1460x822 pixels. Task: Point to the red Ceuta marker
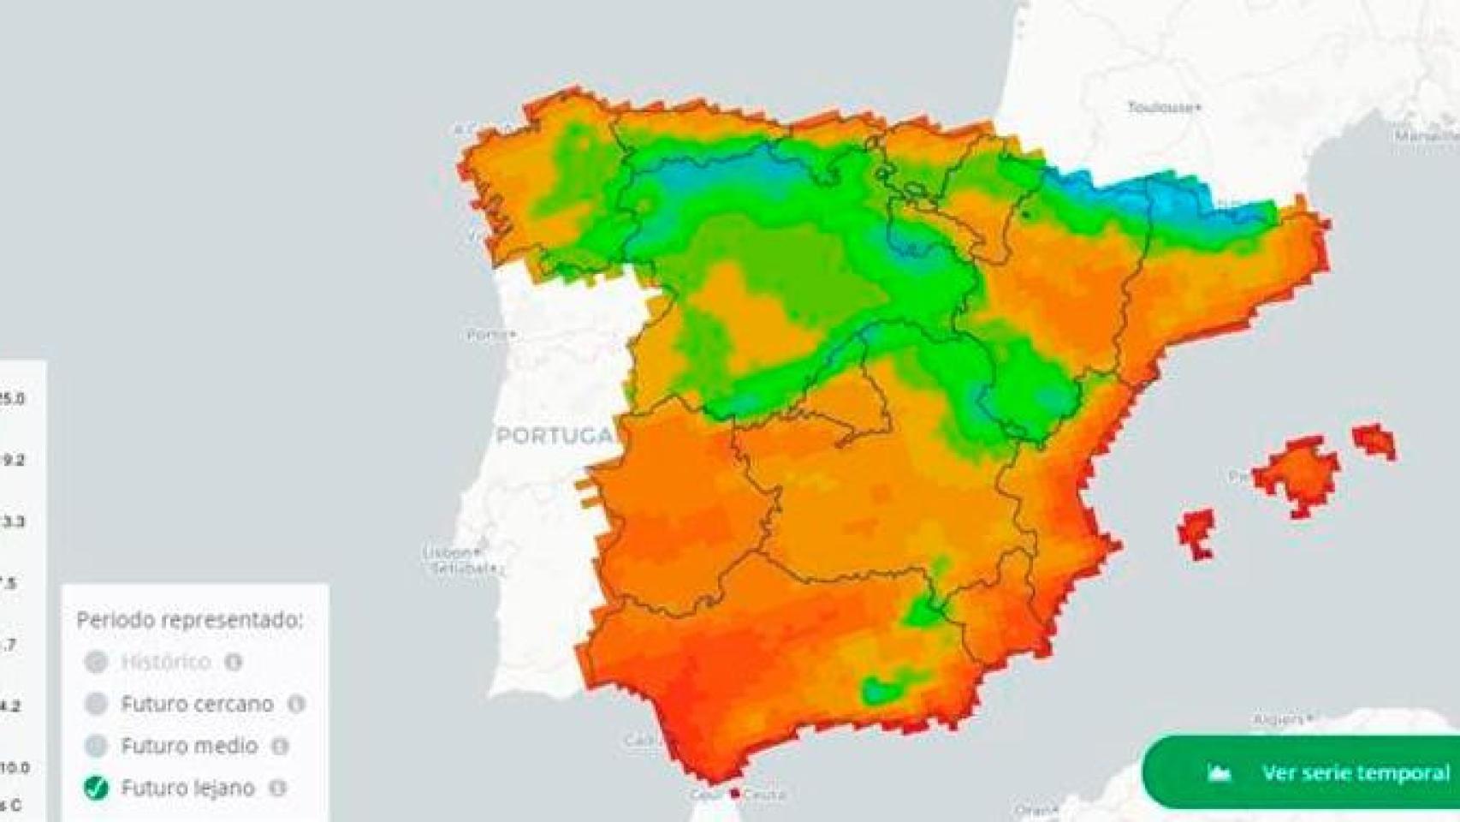coord(734,794)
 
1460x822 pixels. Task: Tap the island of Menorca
coord(1374,440)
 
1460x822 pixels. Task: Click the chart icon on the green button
coord(1219,773)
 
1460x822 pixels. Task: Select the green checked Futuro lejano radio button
coord(96,788)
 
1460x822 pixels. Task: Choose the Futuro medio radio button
coord(96,746)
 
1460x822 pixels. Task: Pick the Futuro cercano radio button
coord(96,704)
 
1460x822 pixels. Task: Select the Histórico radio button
coord(96,662)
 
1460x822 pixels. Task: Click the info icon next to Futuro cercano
coord(296,704)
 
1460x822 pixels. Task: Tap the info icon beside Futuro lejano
coord(277,788)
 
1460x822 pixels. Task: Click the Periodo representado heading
coord(190,620)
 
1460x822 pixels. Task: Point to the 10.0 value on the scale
coord(15,767)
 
